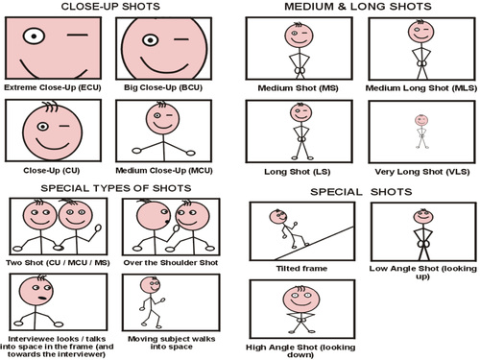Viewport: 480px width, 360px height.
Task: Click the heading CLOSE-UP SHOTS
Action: click(110, 7)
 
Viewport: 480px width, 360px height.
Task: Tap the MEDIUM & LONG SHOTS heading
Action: click(358, 7)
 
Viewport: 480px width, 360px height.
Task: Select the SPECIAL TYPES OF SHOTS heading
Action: click(116, 188)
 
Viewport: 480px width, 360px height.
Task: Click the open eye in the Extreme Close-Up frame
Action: click(34, 36)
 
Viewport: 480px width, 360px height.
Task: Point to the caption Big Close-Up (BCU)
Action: click(163, 87)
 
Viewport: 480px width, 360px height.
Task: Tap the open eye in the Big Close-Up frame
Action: click(151, 40)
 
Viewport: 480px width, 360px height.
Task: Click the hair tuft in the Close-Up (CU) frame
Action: click(51, 107)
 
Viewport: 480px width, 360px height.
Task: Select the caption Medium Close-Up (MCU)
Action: click(164, 171)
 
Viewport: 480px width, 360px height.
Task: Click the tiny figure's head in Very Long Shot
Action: click(421, 120)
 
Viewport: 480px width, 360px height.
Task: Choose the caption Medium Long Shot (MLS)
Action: click(421, 88)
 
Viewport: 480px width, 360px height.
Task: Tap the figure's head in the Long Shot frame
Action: click(300, 112)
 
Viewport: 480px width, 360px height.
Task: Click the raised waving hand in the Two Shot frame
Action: click(98, 228)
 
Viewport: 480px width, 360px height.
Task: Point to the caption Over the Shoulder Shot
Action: click(171, 263)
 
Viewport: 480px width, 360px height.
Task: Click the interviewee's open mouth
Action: click(42, 299)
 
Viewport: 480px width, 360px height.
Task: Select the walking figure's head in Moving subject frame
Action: click(151, 285)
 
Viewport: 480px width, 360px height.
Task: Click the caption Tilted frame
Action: click(301, 269)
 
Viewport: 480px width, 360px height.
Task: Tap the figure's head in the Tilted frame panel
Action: click(277, 217)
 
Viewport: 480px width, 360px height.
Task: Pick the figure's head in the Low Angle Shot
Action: click(423, 217)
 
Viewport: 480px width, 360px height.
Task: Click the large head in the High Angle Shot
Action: click(301, 300)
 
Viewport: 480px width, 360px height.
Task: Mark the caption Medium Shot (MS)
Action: click(299, 88)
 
